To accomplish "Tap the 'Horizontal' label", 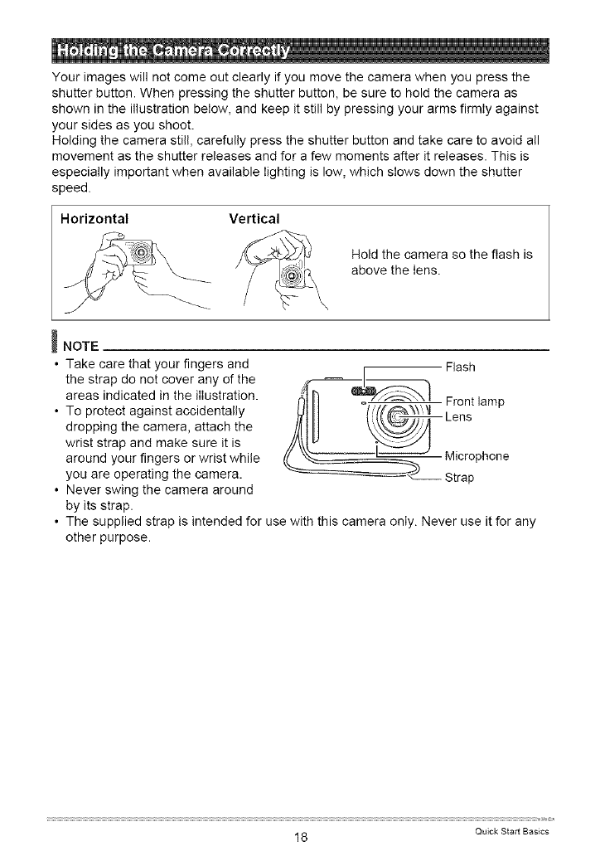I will coord(96,220).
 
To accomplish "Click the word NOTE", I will coord(80,344).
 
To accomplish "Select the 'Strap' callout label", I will coord(461,479).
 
